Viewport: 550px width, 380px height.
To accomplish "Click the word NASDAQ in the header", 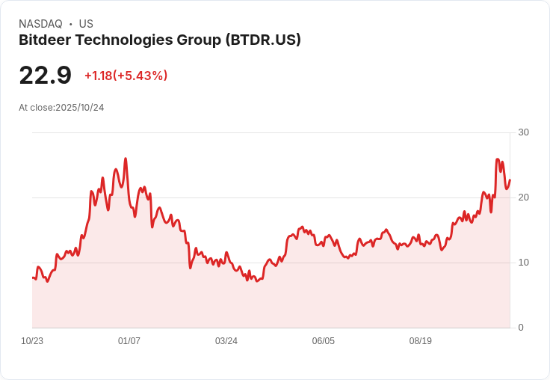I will pyautogui.click(x=40, y=24).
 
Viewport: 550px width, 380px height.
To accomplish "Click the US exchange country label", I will pyautogui.click(x=86, y=24).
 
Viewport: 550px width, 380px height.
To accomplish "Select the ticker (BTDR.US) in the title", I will pyautogui.click(x=263, y=40).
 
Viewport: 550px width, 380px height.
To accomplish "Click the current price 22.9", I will pyautogui.click(x=45, y=76).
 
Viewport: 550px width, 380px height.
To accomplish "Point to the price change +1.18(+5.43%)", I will pyautogui.click(x=126, y=76).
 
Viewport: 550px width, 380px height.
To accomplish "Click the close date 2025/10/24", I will pyautogui.click(x=80, y=108).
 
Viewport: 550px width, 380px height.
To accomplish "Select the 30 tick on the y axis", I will pyautogui.click(x=523, y=132).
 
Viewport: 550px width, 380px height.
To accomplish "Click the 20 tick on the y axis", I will pyautogui.click(x=523, y=197).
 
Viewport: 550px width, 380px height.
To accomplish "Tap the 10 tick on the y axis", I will pyautogui.click(x=523, y=263).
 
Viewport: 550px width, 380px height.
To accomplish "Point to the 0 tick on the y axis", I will pyautogui.click(x=521, y=328).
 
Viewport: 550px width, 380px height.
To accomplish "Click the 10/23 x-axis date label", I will pyautogui.click(x=32, y=341).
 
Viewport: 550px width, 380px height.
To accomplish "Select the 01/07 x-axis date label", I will pyautogui.click(x=129, y=341).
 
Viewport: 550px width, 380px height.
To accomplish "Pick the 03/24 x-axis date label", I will pyautogui.click(x=226, y=341).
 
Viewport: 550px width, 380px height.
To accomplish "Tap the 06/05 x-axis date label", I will pyautogui.click(x=324, y=341).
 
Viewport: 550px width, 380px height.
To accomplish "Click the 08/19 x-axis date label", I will pyautogui.click(x=421, y=341).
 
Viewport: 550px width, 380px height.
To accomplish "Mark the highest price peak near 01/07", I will pyautogui.click(x=126, y=159).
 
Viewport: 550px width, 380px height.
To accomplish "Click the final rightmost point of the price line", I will pyautogui.click(x=510, y=180).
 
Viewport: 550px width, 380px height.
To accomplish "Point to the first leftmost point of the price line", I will pyautogui.click(x=33, y=278).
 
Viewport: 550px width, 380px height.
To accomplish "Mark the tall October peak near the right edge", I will pyautogui.click(x=497, y=159).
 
